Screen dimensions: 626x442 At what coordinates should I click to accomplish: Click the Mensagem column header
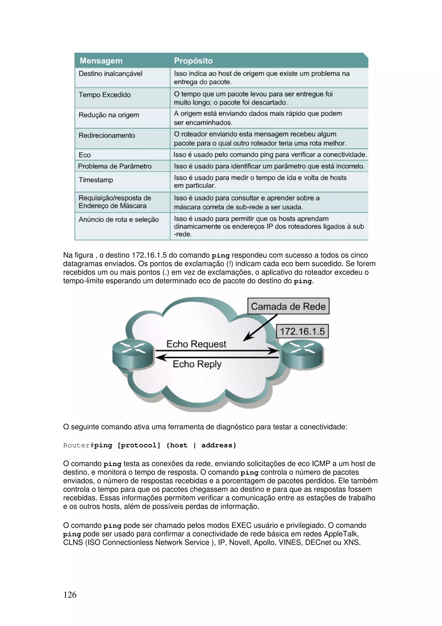pyautogui.click(x=101, y=60)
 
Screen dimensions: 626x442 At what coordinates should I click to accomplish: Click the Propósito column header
pyautogui.click(x=193, y=60)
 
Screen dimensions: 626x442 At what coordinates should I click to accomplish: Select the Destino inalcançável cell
pyautogui.click(x=110, y=74)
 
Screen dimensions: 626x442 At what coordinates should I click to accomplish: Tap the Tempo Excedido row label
pyautogui.click(x=105, y=95)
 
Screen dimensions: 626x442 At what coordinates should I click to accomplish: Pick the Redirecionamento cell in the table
pyautogui.click(x=107, y=135)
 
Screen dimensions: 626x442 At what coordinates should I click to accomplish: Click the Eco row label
pyautogui.click(x=85, y=155)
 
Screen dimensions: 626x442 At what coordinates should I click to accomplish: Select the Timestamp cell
pyautogui.click(x=96, y=180)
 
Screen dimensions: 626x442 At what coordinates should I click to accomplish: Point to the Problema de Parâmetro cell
pyautogui.click(x=115, y=166)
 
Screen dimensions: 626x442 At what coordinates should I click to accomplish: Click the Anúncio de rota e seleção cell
pyautogui.click(x=118, y=219)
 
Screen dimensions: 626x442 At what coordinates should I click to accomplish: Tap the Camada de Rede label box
pyautogui.click(x=288, y=306)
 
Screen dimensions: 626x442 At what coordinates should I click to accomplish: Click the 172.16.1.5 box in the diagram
pyautogui.click(x=302, y=331)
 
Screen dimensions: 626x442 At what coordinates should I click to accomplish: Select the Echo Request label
pyautogui.click(x=196, y=344)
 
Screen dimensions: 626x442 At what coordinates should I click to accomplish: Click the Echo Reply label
pyautogui.click(x=197, y=364)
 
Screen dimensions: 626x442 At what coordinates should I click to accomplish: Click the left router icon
pyautogui.click(x=133, y=354)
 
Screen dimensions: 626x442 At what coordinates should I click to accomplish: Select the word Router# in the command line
pyautogui.click(x=78, y=445)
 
